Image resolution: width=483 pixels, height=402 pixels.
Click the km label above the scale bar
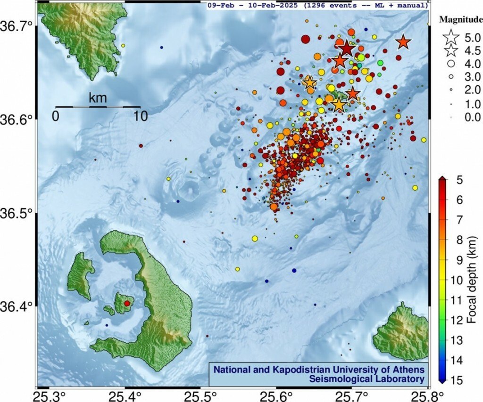[98, 98]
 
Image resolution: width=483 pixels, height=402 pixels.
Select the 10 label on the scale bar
[140, 116]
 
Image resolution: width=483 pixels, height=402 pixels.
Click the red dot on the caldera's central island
[126, 304]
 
